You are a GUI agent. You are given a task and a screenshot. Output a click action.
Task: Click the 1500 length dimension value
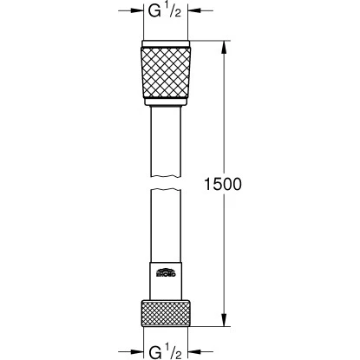tap(221, 185)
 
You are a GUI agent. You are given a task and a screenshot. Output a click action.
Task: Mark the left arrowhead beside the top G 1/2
tap(137, 12)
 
